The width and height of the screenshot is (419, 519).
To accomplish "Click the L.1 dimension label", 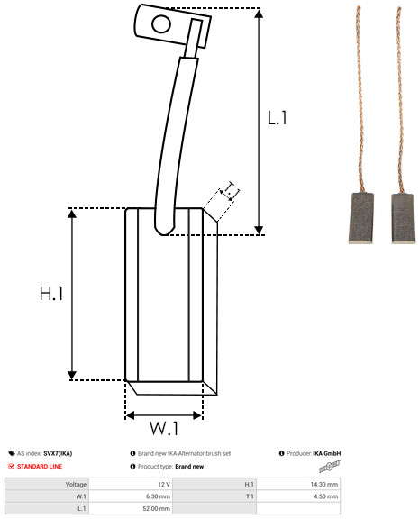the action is point(277,118).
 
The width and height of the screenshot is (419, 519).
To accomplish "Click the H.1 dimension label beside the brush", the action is point(51,293).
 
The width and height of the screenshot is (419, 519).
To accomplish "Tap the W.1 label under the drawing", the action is point(164,428).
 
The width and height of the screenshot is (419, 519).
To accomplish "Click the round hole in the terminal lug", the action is point(161,24).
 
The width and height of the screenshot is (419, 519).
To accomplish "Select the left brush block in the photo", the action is point(360,218).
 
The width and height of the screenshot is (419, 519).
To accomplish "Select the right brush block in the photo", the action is point(403,218).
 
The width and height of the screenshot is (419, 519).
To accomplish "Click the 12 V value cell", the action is point(164,484).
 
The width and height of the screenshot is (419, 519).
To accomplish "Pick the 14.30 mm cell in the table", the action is point(324,484).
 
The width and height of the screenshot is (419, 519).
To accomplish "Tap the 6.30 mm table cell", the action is point(159,496).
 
